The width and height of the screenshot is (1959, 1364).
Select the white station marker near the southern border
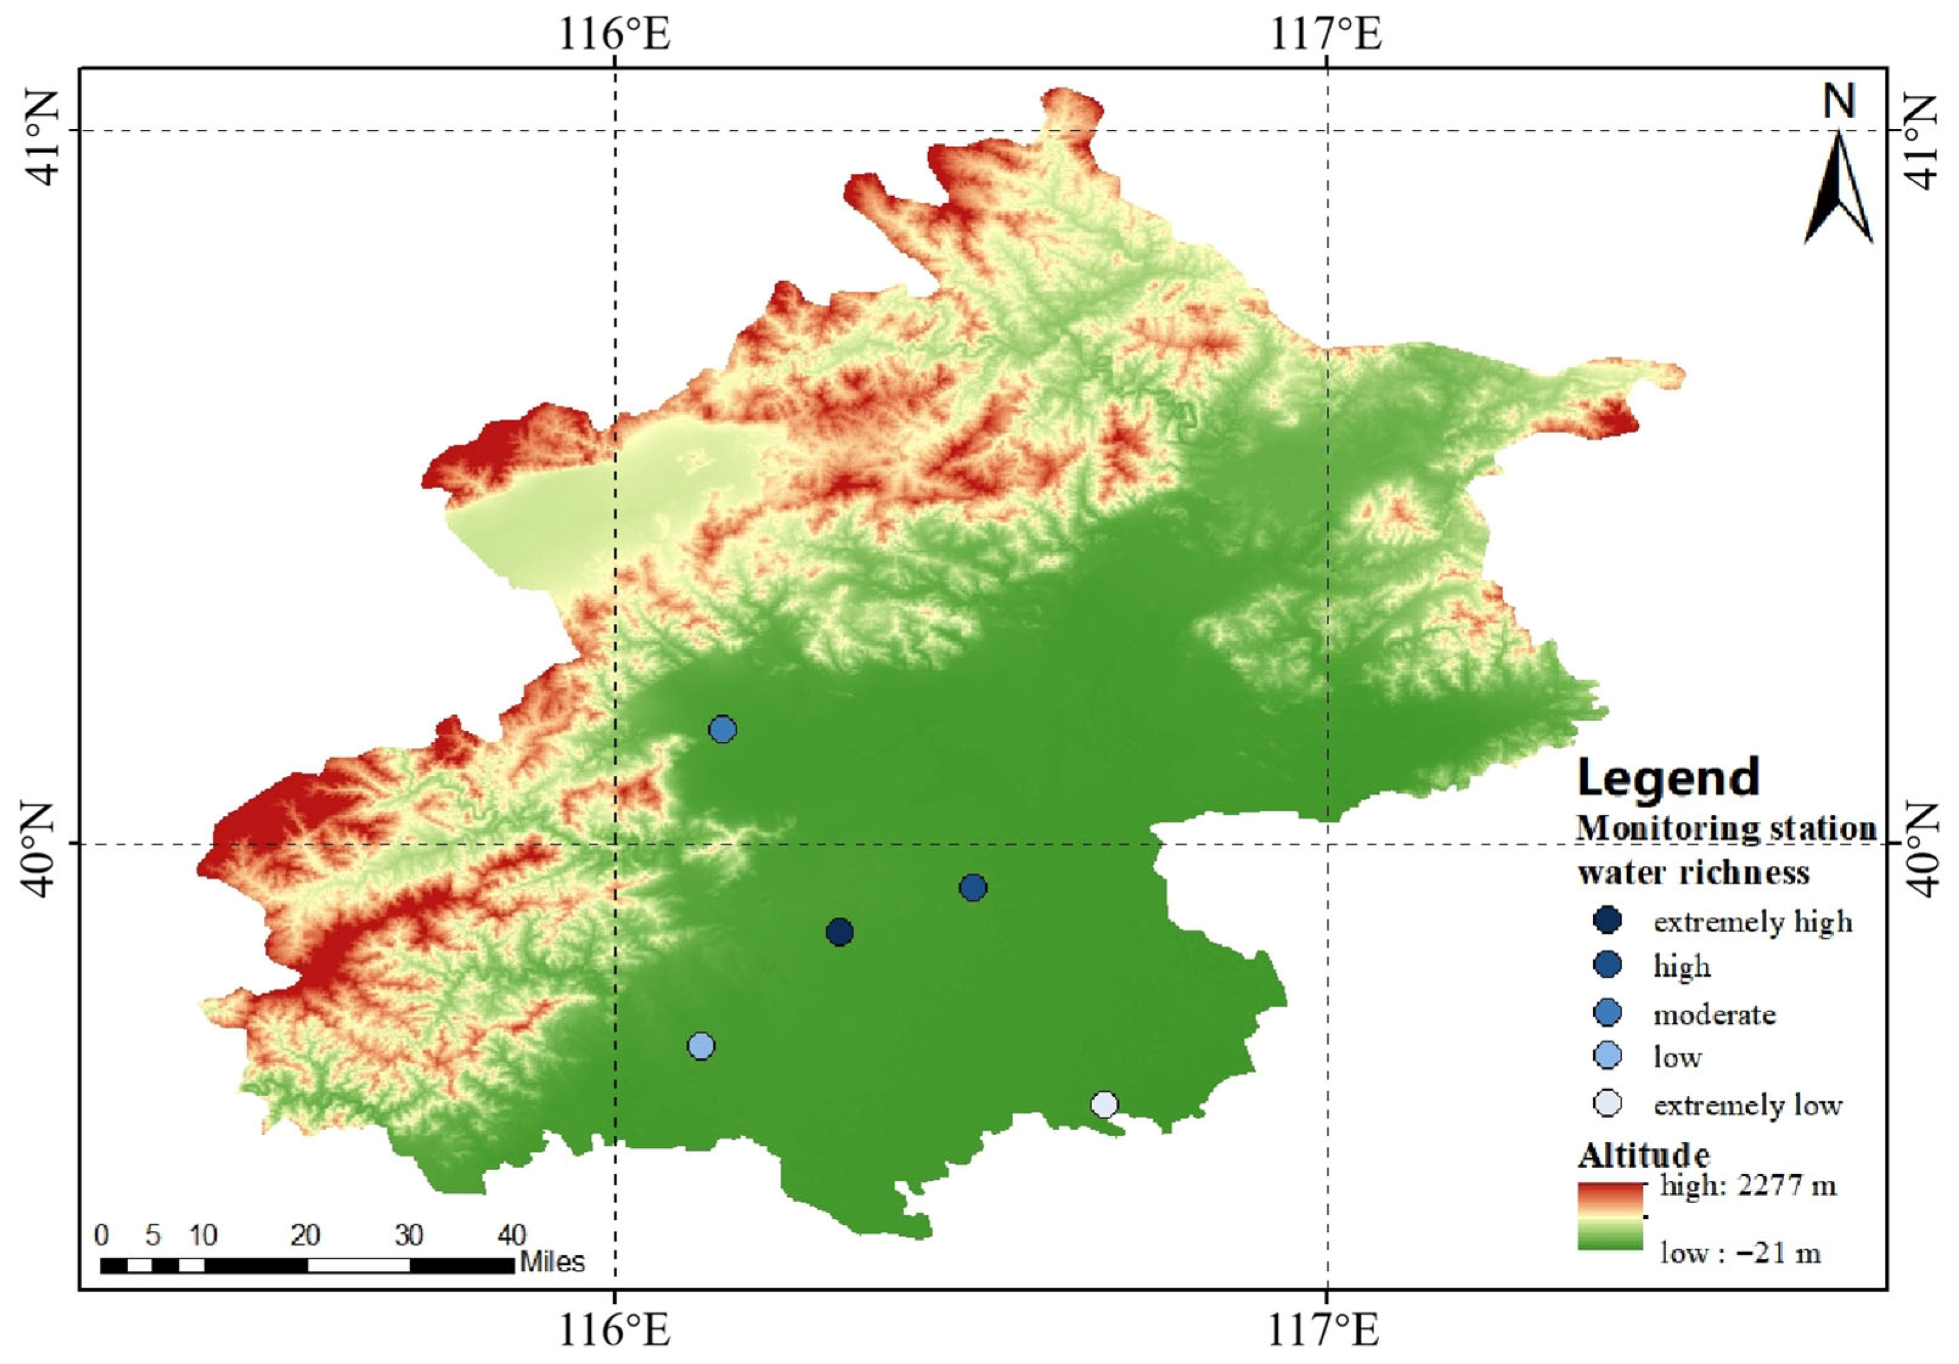1104,1105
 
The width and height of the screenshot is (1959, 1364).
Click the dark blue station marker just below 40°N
973,887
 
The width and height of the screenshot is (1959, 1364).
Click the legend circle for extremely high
1608,920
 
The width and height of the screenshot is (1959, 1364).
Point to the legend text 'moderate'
1714,1014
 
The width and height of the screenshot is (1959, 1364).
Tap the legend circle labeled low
1608,1056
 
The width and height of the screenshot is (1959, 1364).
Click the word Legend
1668,777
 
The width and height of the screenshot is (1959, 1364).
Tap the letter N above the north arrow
1839,101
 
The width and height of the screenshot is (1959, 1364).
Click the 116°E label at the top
615,34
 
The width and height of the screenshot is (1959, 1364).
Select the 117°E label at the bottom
1324,1329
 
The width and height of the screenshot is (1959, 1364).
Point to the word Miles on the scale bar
552,1262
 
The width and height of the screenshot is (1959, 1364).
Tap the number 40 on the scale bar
511,1235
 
